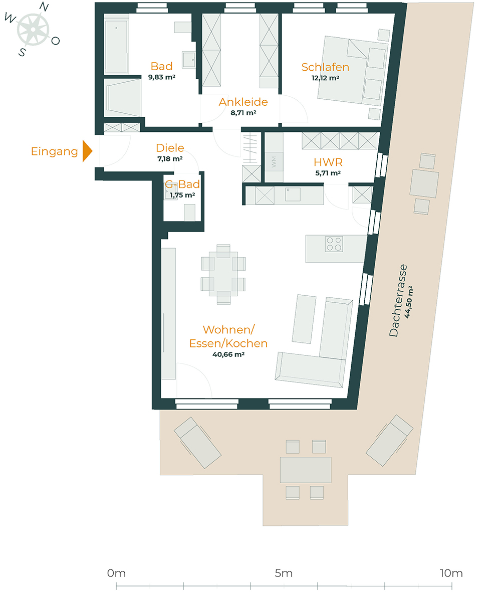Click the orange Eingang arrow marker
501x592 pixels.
[88, 151]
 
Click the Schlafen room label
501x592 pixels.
[325, 67]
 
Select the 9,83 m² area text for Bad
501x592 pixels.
[161, 77]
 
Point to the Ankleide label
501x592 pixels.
[243, 102]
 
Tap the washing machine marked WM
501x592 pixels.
[274, 161]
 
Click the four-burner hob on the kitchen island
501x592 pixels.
[334, 244]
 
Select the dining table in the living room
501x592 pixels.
[223, 274]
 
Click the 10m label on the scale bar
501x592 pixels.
[451, 573]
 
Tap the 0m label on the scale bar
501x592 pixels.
[116, 573]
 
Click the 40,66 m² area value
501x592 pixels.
[228, 354]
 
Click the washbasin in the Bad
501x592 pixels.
[188, 60]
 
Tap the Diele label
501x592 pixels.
[170, 148]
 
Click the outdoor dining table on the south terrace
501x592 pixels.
[306, 470]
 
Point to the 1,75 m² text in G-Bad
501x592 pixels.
[182, 195]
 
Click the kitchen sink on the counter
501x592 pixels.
[293, 194]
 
